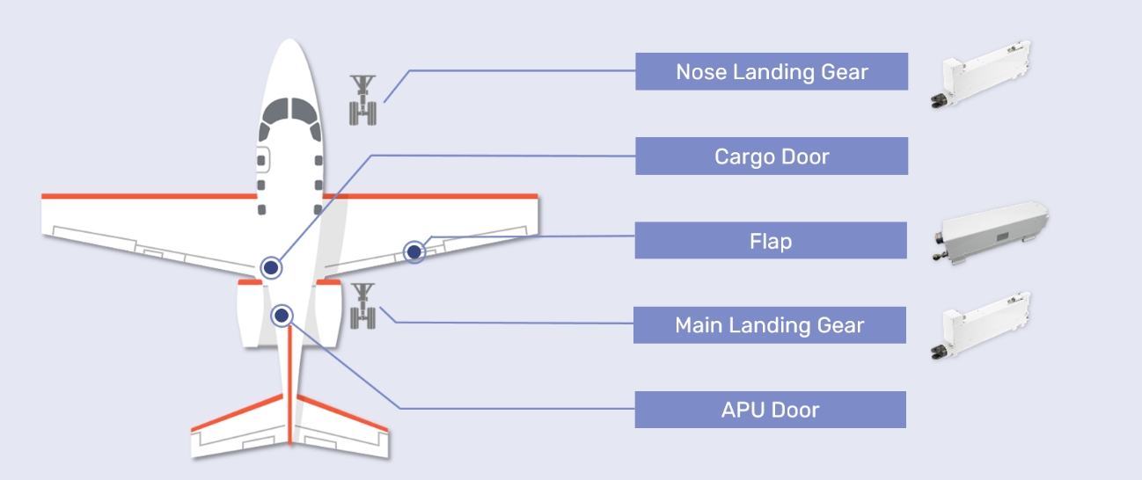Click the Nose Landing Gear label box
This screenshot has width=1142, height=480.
click(771, 71)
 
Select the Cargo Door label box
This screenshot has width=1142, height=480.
click(771, 156)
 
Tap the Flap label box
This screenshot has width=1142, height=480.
click(771, 241)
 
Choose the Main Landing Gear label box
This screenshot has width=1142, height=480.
click(771, 325)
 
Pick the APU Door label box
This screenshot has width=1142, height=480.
click(771, 410)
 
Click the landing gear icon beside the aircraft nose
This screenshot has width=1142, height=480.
click(364, 100)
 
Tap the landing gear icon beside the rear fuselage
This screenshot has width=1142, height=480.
click(363, 306)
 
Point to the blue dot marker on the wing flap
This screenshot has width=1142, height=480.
click(414, 252)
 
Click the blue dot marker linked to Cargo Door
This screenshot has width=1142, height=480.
click(271, 267)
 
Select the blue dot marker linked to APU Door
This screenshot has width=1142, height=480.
click(282, 314)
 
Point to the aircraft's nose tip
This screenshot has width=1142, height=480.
click(291, 42)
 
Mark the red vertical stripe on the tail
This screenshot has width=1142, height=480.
click(289, 387)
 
